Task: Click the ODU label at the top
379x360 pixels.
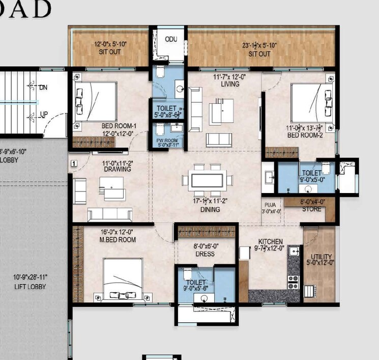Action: tap(170, 39)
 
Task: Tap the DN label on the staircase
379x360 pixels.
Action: tap(44, 88)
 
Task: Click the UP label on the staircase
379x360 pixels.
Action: tap(44, 115)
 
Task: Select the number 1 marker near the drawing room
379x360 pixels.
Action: tap(74, 163)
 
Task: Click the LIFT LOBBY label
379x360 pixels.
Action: tap(30, 287)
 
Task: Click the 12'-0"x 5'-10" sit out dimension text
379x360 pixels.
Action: tap(110, 44)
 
